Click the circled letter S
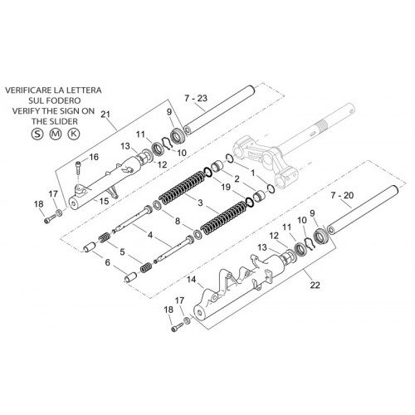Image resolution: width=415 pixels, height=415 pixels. point(37,134)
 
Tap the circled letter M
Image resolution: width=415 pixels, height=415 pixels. point(56,134)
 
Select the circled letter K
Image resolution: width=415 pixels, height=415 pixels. point(74,134)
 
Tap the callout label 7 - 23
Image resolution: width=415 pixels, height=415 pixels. point(196,99)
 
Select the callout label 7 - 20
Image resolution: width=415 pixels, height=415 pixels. point(342,196)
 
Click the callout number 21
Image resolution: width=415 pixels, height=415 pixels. point(105,115)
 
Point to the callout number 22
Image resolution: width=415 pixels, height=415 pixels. point(315,285)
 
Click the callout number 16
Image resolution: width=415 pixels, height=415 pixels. point(94,157)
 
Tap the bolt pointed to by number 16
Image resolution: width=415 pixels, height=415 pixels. point(77,168)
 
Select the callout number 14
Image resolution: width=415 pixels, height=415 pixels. point(191,280)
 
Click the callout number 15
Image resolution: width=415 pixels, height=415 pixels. point(104,201)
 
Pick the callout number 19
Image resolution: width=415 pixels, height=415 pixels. point(226,187)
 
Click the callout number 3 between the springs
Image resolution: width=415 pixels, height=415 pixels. point(200,203)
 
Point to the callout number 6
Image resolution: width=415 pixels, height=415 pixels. point(107,262)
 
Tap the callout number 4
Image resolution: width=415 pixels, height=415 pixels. point(150,235)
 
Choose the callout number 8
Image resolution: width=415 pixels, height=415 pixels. point(178,221)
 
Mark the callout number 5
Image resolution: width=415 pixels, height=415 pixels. point(122,252)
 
